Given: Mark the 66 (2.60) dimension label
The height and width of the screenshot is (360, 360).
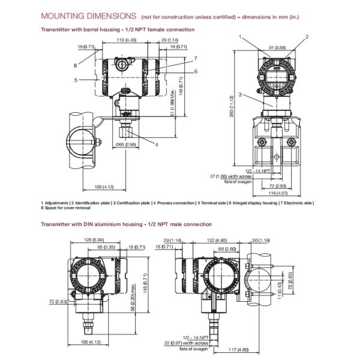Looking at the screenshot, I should (x=226, y=247).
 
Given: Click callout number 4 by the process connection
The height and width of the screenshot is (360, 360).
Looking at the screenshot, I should (x=157, y=145).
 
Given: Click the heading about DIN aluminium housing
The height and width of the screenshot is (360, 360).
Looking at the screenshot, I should (x=126, y=224).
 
